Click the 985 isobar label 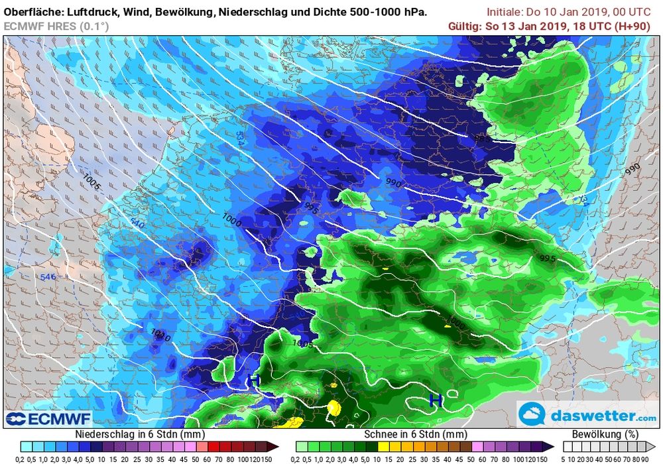click(483, 139)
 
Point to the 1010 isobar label click(161, 336)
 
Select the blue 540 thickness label click(137, 223)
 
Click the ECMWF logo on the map click(48, 418)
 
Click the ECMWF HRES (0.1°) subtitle click(56, 26)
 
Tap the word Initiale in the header click(507, 12)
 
